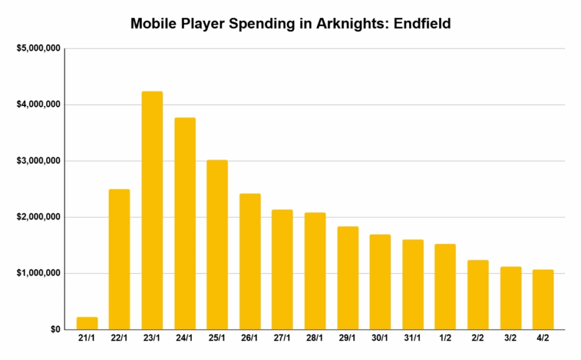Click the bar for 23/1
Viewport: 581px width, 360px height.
coord(152,210)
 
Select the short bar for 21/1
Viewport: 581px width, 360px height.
coord(87,323)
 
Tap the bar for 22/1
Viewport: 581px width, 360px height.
coord(119,259)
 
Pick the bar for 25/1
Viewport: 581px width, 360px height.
coord(217,244)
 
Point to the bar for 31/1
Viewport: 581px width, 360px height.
coord(413,285)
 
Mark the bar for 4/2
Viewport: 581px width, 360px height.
coord(544,299)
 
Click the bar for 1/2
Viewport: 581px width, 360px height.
coord(445,287)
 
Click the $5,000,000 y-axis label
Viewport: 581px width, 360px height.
coord(38,49)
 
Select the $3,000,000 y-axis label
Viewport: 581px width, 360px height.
coord(38,161)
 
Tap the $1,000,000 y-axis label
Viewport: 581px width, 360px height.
coord(38,273)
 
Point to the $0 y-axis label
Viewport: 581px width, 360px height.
coord(54,329)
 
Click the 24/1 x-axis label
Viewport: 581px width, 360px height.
coord(185,338)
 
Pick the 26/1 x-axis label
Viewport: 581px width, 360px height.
coord(250,338)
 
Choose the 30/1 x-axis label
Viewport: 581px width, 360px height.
coord(381,338)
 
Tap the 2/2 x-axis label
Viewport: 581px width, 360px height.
coord(478,338)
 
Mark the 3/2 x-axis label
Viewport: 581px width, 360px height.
coord(511,338)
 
